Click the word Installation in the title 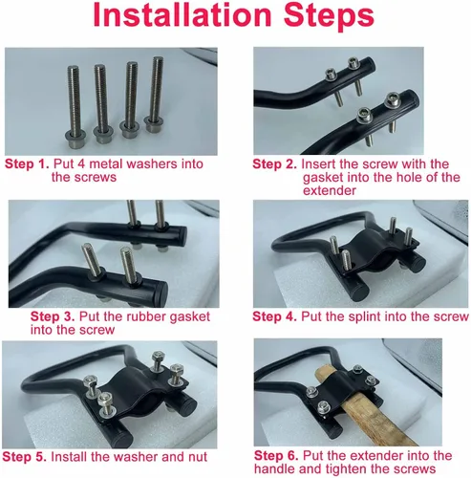pyautogui.click(x=182, y=15)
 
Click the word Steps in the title pyautogui.click(x=329, y=17)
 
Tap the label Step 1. pyautogui.click(x=27, y=164)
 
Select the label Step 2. pyautogui.click(x=274, y=164)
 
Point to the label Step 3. pyautogui.click(x=53, y=316)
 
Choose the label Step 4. pyautogui.click(x=274, y=316)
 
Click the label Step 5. pyautogui.click(x=24, y=457)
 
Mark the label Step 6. pyautogui.click(x=276, y=456)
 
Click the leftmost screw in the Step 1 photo pyautogui.click(x=75, y=107)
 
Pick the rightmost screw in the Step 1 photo pyautogui.click(x=156, y=94)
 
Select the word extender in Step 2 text pyautogui.click(x=330, y=191)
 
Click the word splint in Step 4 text pyautogui.click(x=364, y=317)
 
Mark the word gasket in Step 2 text pyautogui.click(x=323, y=178)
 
